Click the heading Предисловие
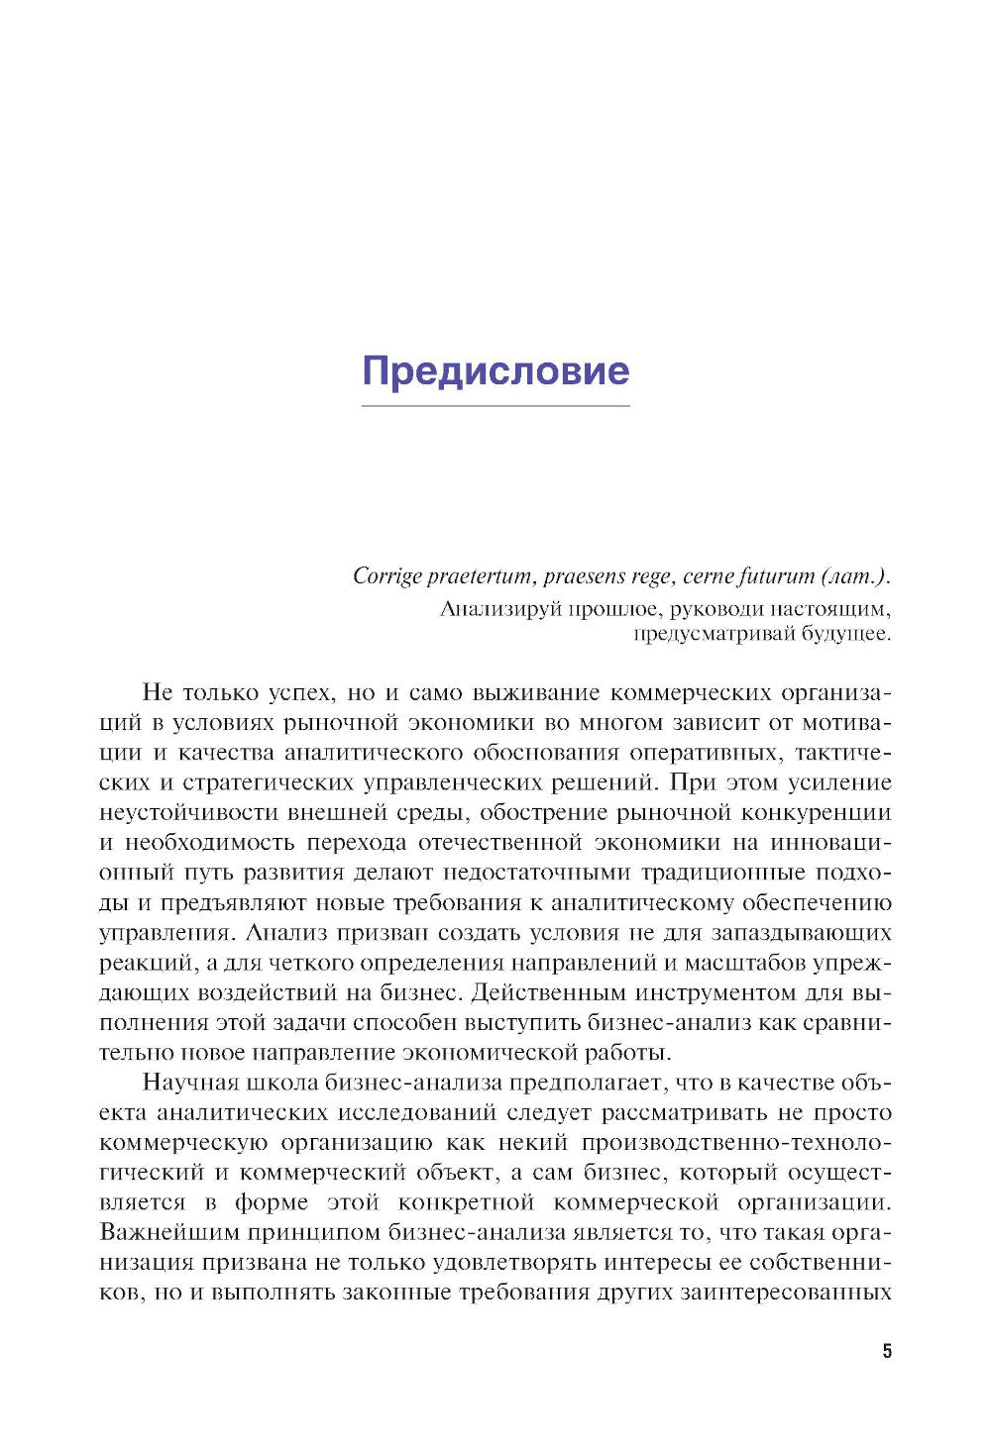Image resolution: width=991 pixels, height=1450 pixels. click(495, 370)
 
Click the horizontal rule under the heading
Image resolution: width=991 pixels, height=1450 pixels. click(495, 406)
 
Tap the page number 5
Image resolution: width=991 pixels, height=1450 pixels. click(887, 1351)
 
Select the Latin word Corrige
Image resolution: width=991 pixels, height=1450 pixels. click(387, 576)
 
